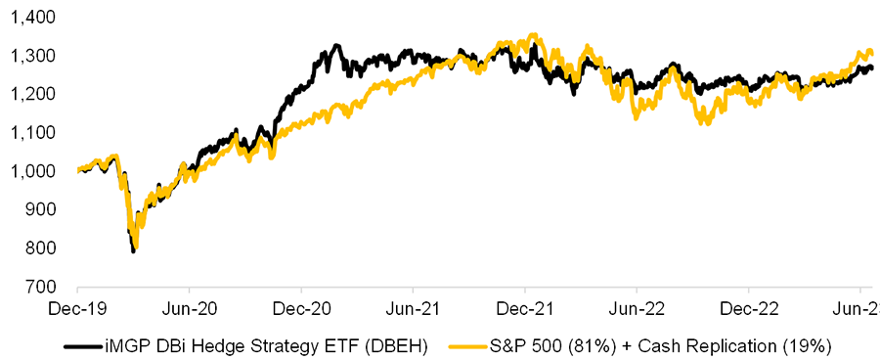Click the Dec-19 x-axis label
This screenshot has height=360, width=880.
77,307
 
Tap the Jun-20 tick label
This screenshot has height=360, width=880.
189,307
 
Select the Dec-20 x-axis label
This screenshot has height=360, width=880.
301,307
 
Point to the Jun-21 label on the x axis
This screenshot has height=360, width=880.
413,307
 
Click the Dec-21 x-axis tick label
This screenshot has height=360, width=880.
525,307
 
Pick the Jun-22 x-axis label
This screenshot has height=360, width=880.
637,307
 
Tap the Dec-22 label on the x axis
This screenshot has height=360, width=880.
748,307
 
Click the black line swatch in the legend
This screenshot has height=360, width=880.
78,345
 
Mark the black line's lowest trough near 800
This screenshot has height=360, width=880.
133,251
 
